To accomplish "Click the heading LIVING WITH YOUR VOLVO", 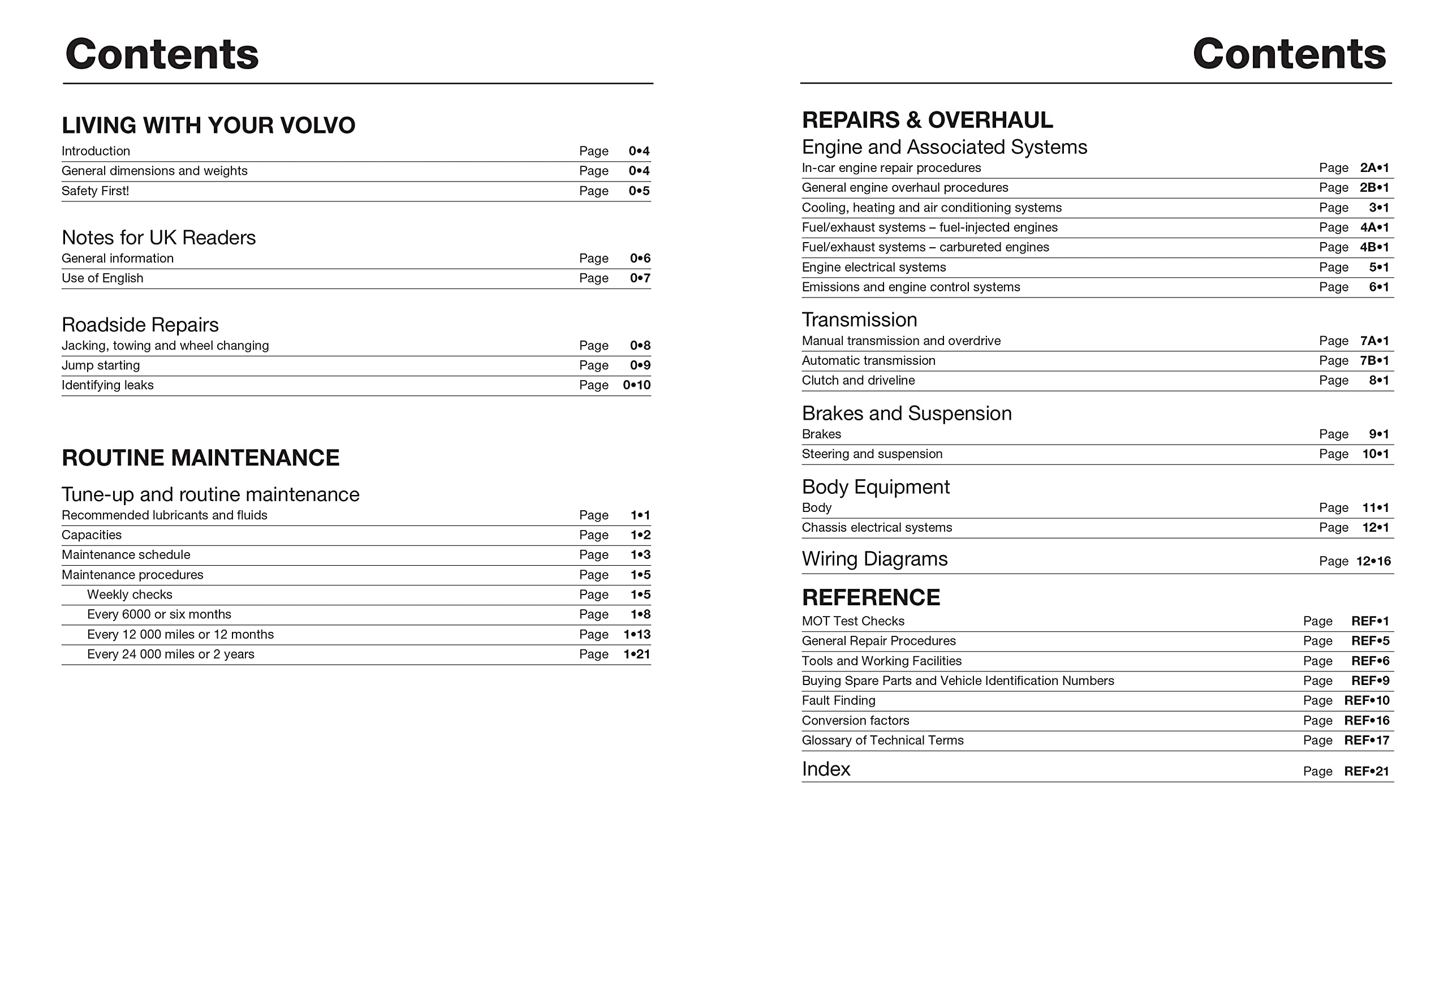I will click(208, 125).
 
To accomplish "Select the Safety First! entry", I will click(96, 191).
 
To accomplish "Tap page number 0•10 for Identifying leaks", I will click(636, 386).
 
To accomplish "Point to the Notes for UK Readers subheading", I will click(158, 238).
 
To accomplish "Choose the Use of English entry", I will click(102, 278).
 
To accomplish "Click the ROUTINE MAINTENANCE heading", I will click(200, 458).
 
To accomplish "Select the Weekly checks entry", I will click(130, 595).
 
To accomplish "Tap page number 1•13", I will click(636, 635).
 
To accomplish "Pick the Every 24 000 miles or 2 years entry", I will click(171, 655).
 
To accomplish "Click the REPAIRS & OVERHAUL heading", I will click(927, 119).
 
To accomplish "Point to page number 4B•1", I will click(1374, 247).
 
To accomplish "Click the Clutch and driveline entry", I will click(858, 381).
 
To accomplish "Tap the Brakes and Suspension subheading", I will click(906, 414).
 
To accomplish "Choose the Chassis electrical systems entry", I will click(877, 528).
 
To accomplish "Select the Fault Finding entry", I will click(838, 701).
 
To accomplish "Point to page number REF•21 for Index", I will click(1366, 772).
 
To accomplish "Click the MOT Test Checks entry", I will click(852, 621).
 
